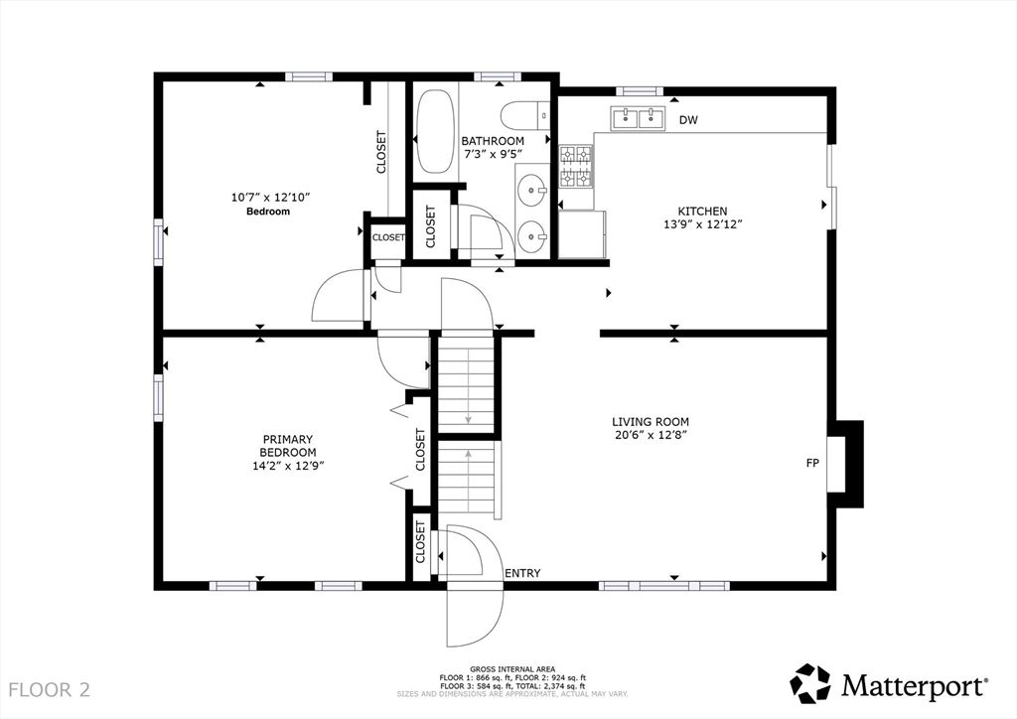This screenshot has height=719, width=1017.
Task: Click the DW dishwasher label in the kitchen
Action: (x=689, y=120)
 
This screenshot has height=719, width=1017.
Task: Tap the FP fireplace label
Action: (x=812, y=463)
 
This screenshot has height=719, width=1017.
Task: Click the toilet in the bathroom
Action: (x=525, y=117)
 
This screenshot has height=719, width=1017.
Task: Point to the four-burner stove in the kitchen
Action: (x=576, y=167)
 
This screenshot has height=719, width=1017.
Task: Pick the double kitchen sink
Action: (x=637, y=118)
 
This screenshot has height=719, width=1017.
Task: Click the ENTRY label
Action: (x=522, y=573)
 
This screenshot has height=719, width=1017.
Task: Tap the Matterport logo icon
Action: (x=810, y=682)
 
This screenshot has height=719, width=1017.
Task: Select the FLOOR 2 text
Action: (x=50, y=689)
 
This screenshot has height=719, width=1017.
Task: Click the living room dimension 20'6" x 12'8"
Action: (x=651, y=435)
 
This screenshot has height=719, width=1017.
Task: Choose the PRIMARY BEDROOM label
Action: (x=288, y=446)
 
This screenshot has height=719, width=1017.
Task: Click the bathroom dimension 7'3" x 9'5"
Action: (x=493, y=154)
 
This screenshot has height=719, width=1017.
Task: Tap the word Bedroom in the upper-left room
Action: (x=268, y=212)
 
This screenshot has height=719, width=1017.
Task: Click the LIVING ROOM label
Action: (x=651, y=421)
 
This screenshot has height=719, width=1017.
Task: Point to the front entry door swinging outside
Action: (x=475, y=616)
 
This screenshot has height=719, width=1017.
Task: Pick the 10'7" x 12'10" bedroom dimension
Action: (x=271, y=197)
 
